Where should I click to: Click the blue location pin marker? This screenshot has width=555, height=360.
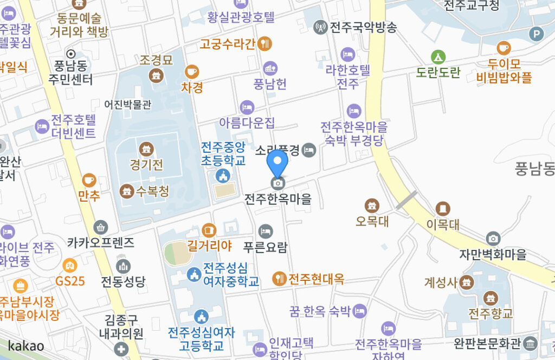click(x=277, y=162)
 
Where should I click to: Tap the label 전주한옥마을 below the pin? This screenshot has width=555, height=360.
click(x=278, y=199)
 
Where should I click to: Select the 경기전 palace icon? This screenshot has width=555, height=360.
click(x=146, y=149)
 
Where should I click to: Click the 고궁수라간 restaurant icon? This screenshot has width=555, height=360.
click(x=265, y=43)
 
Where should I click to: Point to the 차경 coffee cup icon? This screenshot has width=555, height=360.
click(x=191, y=71)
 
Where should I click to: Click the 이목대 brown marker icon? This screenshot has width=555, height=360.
click(x=443, y=208)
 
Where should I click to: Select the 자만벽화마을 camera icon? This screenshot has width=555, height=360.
click(x=493, y=238)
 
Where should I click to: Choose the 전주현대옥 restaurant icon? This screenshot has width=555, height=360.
click(x=279, y=279)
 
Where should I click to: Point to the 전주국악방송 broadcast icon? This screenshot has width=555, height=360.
click(x=320, y=26)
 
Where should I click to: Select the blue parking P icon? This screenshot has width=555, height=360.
click(x=537, y=35)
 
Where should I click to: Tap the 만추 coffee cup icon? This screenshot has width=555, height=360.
click(x=89, y=180)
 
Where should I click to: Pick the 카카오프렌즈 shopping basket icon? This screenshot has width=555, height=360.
click(x=100, y=227)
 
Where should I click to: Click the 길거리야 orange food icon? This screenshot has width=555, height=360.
click(x=209, y=230)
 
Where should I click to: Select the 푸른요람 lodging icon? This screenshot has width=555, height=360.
click(x=265, y=232)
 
